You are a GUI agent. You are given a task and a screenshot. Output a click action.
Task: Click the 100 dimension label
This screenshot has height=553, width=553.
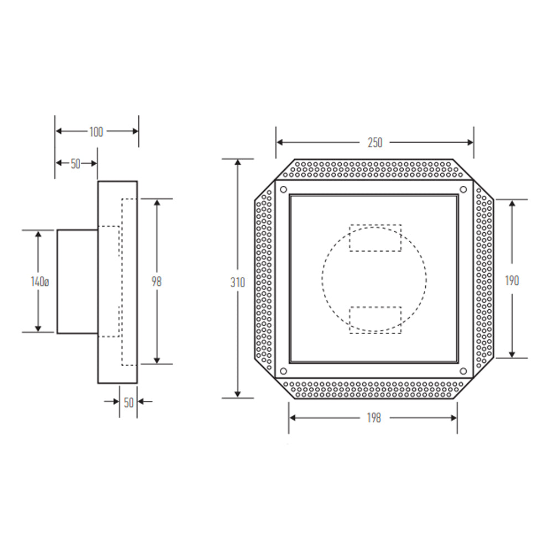click(96, 132)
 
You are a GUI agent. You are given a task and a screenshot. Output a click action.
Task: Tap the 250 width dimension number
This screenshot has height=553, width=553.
click(375, 143)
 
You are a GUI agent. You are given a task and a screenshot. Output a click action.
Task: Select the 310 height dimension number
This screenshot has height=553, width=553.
click(238, 282)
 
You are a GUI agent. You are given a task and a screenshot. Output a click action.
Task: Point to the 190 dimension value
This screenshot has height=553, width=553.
click(512, 281)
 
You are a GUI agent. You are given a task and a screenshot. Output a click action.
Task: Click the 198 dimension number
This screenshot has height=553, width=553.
click(374, 418)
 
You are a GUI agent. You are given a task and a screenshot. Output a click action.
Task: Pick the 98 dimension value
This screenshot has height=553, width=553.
click(156, 281)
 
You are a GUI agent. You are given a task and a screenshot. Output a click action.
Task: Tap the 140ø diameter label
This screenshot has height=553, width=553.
click(40, 281)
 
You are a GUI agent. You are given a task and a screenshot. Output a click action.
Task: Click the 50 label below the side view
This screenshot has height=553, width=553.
click(129, 403)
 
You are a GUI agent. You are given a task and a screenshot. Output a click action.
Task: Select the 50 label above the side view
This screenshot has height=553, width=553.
click(75, 164)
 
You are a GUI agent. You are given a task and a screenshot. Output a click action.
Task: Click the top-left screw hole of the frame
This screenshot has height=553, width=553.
click(283, 190)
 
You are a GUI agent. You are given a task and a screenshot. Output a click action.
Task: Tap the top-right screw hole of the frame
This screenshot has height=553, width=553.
click(463, 190)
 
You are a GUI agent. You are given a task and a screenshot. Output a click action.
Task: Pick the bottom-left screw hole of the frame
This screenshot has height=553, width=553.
click(283, 371)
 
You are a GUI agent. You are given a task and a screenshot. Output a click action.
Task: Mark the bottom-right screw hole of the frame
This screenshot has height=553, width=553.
click(463, 371)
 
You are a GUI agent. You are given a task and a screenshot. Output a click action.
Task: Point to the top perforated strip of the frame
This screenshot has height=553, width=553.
click(374, 169)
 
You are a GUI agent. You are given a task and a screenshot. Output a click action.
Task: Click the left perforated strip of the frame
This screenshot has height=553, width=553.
click(264, 279)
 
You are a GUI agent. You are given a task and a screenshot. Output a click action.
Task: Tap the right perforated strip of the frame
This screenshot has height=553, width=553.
click(483, 279)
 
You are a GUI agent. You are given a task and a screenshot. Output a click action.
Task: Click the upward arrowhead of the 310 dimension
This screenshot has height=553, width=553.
click(238, 162)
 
